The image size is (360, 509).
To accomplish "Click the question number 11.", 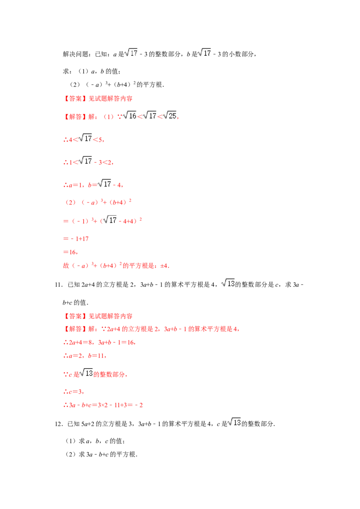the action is coord(58,285).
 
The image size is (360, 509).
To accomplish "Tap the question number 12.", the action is coord(58,424).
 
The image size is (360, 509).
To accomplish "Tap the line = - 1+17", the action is coord(76,239).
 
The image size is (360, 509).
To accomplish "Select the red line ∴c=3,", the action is coord(73,392).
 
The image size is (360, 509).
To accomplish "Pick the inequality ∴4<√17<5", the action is coord(83,138).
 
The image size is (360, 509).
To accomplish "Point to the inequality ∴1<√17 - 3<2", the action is coord(88,161).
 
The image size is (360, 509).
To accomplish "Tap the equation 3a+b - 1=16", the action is coord(116,343).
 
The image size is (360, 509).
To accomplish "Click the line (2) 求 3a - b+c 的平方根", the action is coord(102,455).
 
